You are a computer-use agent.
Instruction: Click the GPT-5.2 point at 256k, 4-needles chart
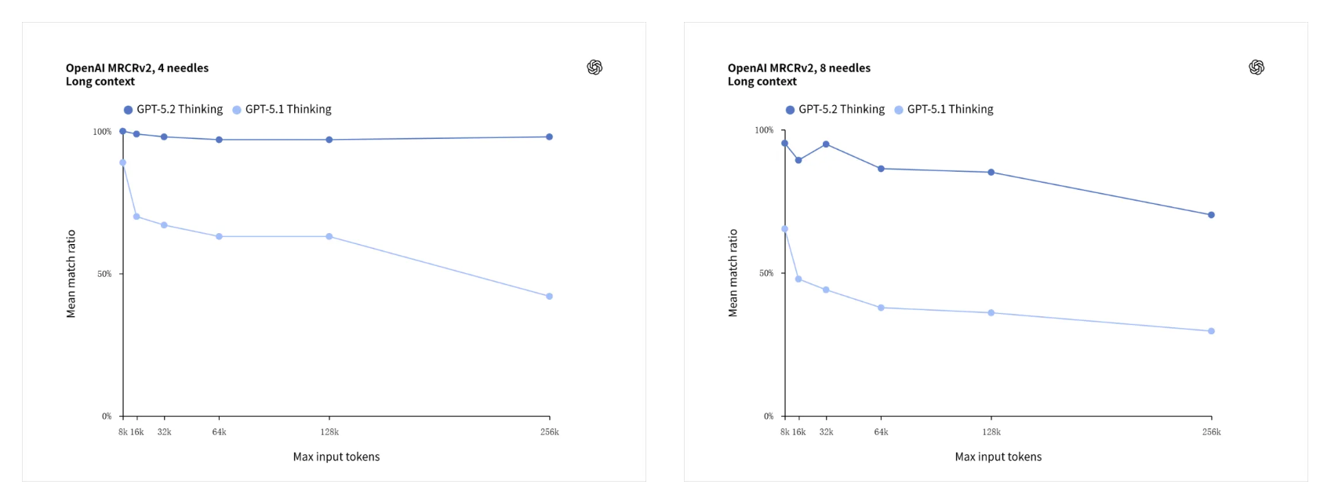click(549, 137)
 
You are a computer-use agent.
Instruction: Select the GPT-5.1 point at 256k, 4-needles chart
click(549, 297)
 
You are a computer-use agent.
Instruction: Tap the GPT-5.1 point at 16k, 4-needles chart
click(136, 217)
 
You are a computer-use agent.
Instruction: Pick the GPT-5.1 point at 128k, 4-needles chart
click(329, 236)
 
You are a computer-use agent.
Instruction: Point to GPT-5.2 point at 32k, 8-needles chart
click(826, 144)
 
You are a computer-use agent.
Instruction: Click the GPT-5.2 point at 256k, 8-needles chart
click(1211, 215)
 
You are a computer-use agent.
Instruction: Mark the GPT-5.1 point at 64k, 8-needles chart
click(881, 308)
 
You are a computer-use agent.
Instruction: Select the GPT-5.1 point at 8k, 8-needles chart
click(784, 229)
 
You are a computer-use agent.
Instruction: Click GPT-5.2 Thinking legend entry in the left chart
click(173, 109)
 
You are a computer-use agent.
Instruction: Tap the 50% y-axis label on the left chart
click(104, 274)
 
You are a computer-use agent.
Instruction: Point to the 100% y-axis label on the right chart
click(764, 130)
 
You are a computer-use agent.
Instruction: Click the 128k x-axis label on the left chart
click(329, 432)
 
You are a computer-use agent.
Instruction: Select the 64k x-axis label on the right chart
click(881, 432)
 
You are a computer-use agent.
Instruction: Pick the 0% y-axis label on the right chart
click(769, 416)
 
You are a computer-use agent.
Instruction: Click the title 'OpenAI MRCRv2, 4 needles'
click(137, 68)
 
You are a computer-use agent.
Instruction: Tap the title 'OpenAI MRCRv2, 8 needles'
click(799, 68)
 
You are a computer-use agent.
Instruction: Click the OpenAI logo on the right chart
click(1256, 67)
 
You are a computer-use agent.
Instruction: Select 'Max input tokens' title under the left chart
click(336, 457)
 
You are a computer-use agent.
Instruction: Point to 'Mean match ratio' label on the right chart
click(733, 273)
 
